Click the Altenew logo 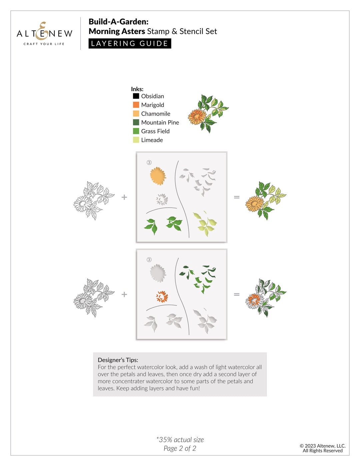coord(44,34)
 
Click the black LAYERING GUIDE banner coord(130,44)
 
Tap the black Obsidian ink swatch coord(136,96)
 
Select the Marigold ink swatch coord(136,105)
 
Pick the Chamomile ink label coord(155,114)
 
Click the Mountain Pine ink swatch coord(136,122)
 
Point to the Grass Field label coord(155,131)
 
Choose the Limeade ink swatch coord(136,140)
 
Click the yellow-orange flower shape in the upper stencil coord(158,176)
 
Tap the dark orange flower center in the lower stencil coord(162,297)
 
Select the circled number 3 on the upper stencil coord(149,162)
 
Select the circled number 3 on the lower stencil coord(149,260)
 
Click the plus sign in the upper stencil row coord(124,197)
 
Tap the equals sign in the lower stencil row coord(237,294)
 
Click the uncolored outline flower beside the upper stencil coord(93,200)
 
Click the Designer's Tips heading coord(118,360)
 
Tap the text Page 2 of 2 coord(180,448)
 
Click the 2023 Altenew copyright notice coord(322,448)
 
